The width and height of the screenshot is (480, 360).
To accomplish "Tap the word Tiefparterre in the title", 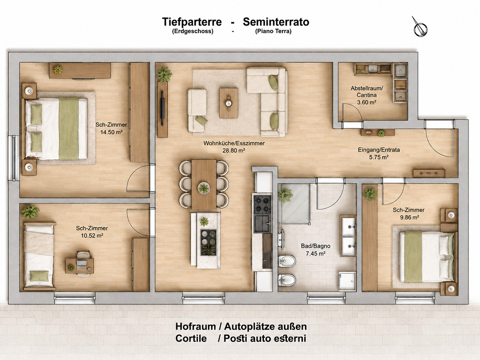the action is [192, 22].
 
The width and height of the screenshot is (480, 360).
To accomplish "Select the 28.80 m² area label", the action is [234, 150].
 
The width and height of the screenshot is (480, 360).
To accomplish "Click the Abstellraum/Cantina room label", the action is [367, 92].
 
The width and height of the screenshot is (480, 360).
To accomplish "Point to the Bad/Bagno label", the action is [316, 246].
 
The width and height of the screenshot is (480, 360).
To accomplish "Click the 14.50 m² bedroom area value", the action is [111, 132].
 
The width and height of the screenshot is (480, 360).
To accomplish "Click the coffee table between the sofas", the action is [228, 103].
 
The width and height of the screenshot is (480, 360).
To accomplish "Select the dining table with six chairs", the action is [204, 184].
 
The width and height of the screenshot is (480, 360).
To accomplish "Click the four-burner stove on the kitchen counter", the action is [262, 204].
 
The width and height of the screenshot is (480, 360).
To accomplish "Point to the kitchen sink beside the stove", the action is [262, 224].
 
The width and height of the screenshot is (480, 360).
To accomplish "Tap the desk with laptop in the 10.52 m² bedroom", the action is [80, 266].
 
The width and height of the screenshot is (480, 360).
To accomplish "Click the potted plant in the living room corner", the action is [164, 74].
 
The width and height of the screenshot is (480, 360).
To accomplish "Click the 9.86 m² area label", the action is [408, 217].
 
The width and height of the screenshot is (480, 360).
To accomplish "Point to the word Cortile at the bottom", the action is [191, 338].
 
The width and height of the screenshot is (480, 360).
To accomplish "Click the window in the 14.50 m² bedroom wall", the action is [14, 158].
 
